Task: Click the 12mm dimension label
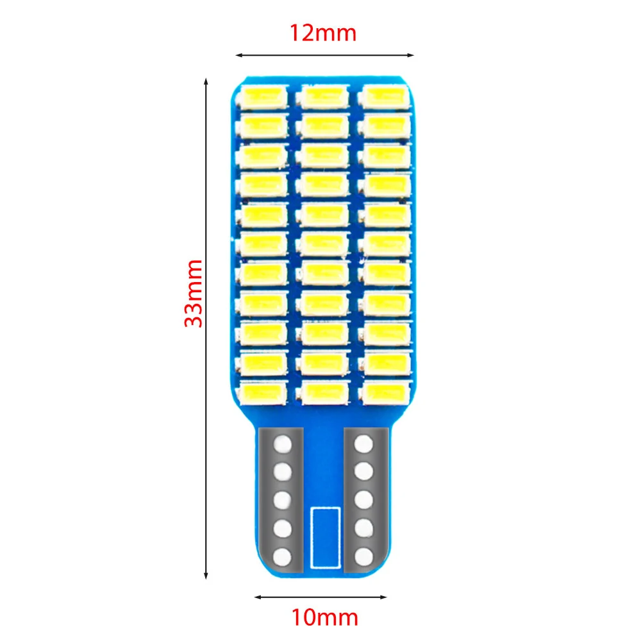tap(324, 32)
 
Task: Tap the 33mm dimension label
tap(193, 294)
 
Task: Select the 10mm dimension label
tap(324, 618)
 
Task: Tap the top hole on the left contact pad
tap(283, 442)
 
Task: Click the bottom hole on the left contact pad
tap(283, 555)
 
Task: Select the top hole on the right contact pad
tap(364, 442)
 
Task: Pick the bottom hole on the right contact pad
tap(364, 555)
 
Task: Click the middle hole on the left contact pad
tap(283, 499)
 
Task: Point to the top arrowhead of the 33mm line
tap(206, 81)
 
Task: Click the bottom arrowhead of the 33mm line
tap(206, 575)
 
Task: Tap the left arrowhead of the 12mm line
tap(238, 55)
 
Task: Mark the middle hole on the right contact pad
tap(364, 499)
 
